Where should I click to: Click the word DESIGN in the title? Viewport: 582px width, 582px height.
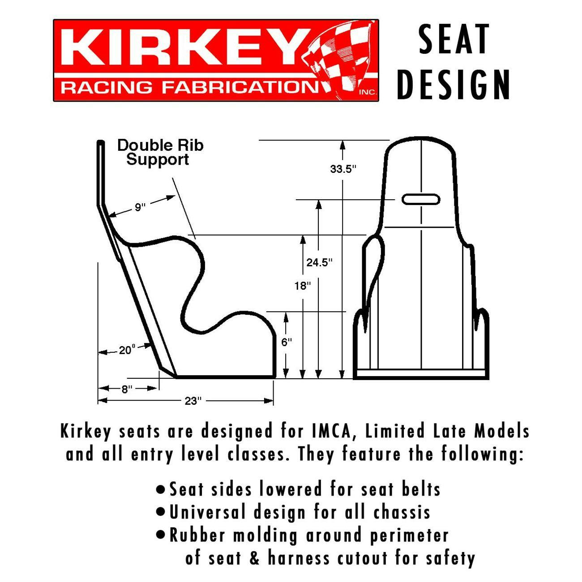[454, 85]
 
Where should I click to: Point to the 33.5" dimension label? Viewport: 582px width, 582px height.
[342, 169]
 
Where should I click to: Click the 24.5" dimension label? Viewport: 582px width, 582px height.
[319, 262]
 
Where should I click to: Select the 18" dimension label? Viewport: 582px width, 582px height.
[303, 286]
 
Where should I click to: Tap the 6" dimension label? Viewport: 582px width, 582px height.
[287, 342]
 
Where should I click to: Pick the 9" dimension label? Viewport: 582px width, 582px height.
[140, 207]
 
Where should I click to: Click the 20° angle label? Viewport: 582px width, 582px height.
[127, 350]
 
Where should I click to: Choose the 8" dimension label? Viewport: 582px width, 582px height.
[127, 389]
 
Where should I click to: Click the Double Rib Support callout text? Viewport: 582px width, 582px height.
[160, 152]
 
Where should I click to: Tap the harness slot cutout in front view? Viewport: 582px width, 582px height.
[420, 199]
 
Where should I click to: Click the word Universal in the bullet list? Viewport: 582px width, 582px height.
[207, 512]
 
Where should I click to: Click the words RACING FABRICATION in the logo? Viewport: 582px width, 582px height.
[188, 87]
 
